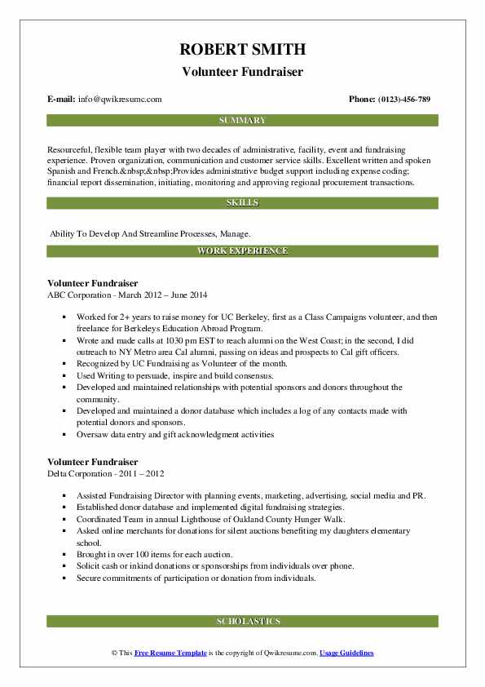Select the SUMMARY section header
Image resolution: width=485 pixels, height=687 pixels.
[x=242, y=121]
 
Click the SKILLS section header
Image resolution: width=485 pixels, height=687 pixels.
[x=242, y=202]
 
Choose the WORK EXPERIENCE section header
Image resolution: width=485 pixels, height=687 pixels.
[x=242, y=250]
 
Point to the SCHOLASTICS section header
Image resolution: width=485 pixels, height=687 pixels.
[x=242, y=621]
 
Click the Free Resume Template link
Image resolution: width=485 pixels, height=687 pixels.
[x=171, y=654]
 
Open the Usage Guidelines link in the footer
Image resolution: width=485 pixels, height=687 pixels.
[x=346, y=654]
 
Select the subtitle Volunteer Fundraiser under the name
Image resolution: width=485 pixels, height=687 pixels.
[x=242, y=72]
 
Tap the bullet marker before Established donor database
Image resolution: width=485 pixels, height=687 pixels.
[x=64, y=507]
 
